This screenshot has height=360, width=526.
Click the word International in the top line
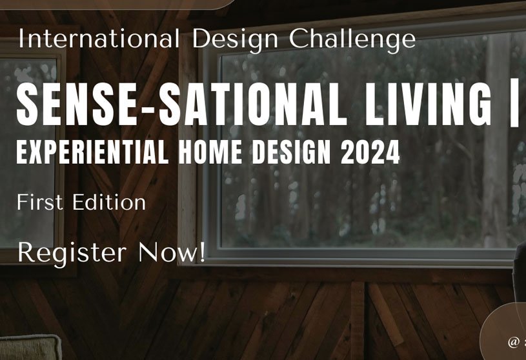pyautogui.click(x=99, y=39)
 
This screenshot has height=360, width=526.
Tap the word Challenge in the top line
pyautogui.click(x=352, y=39)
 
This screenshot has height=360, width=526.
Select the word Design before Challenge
pyautogui.click(x=236, y=39)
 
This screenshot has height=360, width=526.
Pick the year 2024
pyautogui.click(x=370, y=152)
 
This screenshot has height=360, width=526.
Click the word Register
pyautogui.click(x=70, y=252)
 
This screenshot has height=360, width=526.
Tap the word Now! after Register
pyautogui.click(x=172, y=251)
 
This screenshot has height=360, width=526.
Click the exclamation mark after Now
pyautogui.click(x=202, y=251)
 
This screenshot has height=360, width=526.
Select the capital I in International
pyautogui.click(x=21, y=39)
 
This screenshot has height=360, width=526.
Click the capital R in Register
pyautogui.click(x=26, y=251)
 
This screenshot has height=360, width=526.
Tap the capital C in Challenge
pyautogui.click(x=298, y=39)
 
